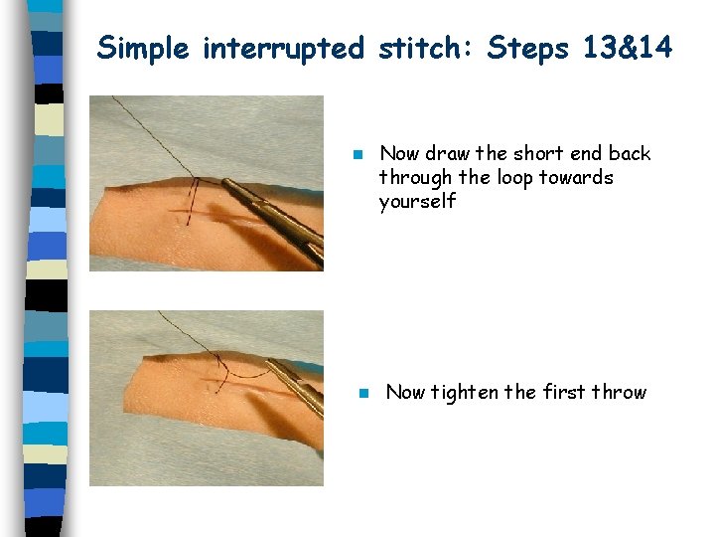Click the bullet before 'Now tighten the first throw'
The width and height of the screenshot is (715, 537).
(363, 393)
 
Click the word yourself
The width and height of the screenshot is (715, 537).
(417, 202)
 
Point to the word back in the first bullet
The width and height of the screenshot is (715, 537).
(630, 153)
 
